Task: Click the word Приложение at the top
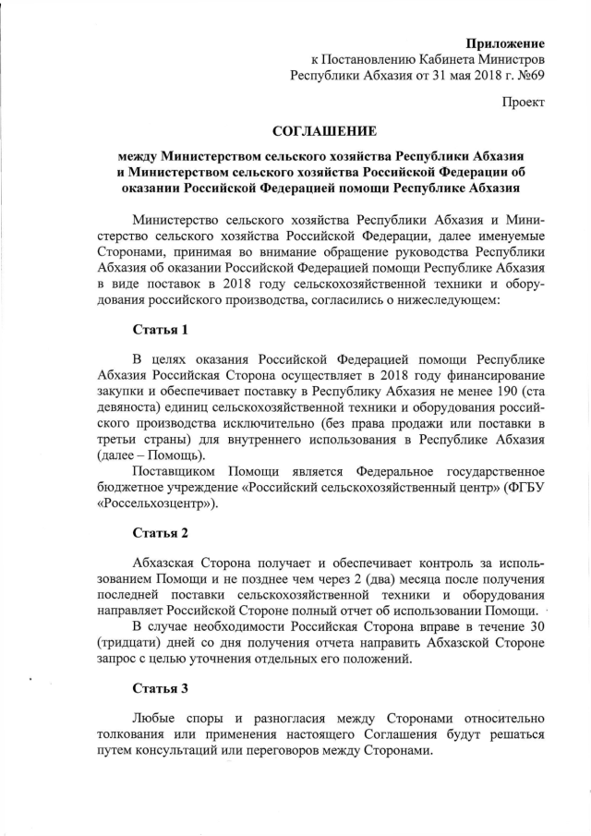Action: pos(505,42)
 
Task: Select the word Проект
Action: pos(524,103)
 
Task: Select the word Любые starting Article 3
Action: pos(156,718)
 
